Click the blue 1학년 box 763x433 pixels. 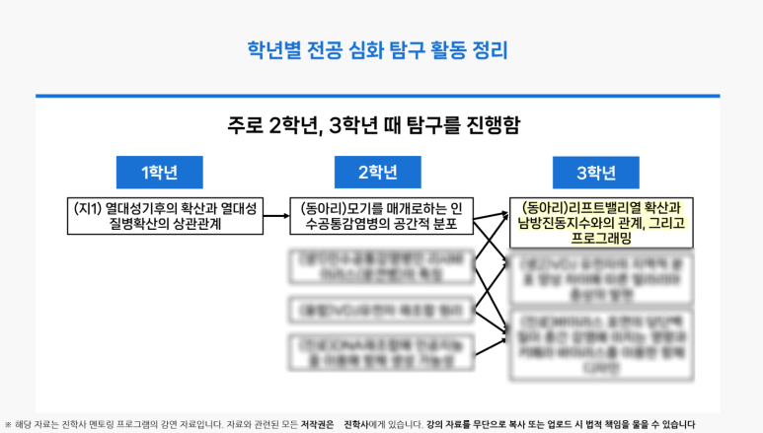click(159, 173)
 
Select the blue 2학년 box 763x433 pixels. click(378, 173)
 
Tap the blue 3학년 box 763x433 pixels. click(596, 173)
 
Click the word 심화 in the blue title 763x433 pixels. click(365, 49)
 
